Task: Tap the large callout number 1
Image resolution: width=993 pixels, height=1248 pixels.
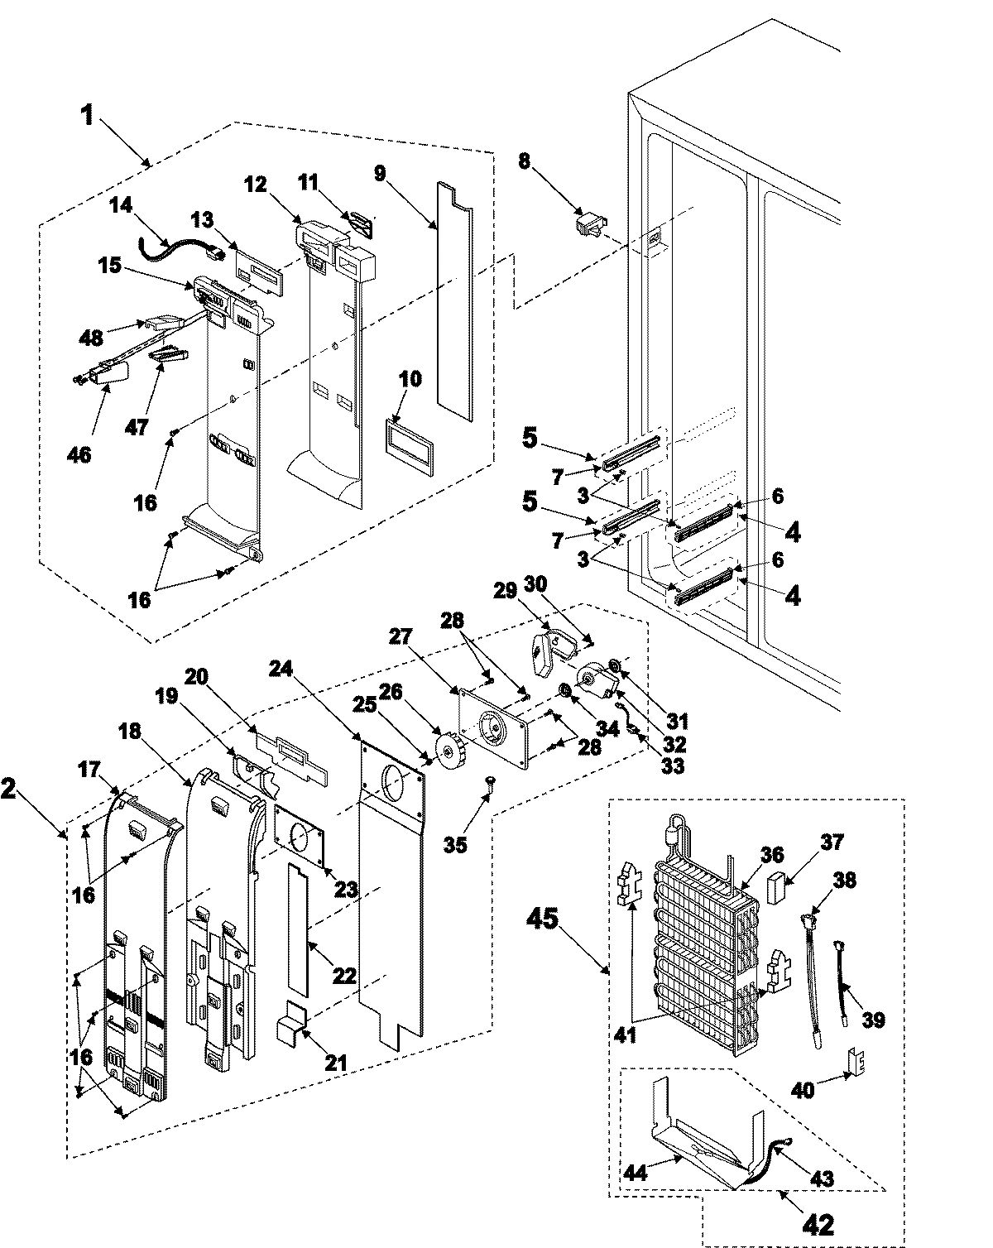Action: pos(88,115)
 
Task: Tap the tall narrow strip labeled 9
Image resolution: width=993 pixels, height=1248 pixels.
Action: pos(454,298)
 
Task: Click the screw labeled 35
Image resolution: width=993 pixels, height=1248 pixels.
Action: pos(489,782)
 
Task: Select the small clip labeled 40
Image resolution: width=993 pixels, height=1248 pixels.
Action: pos(854,1060)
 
